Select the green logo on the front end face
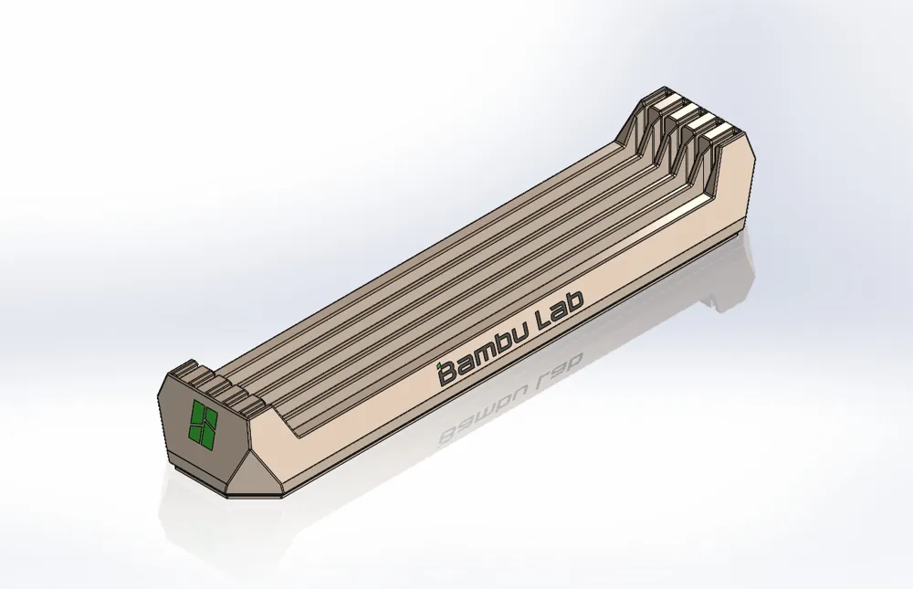pos(203,422)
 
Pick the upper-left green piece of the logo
pos(195,411)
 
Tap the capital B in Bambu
pos(447,373)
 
